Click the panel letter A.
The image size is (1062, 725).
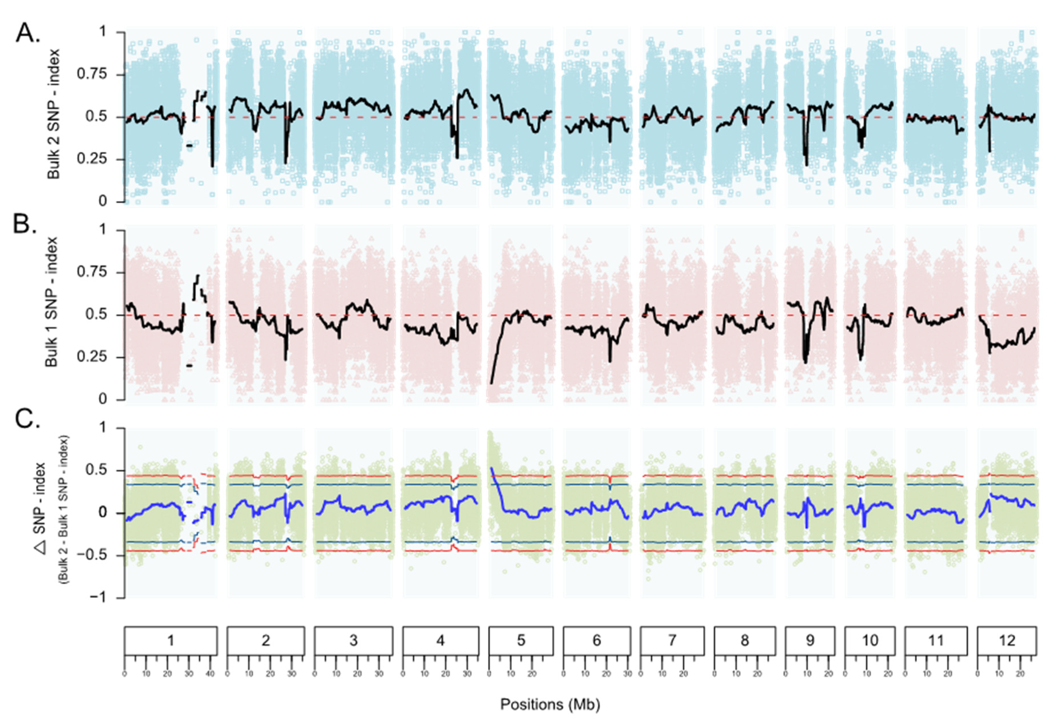click(27, 33)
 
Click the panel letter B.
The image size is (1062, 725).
click(25, 224)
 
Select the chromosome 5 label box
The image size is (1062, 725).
click(521, 640)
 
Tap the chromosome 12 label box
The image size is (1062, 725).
click(1007, 640)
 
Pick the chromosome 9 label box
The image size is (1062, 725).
click(810, 640)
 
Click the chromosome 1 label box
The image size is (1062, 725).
click(170, 640)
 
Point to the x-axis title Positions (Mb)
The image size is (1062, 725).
click(550, 704)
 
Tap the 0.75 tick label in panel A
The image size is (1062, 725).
click(92, 74)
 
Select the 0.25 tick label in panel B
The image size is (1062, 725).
click(92, 357)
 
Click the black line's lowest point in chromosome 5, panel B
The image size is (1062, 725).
click(492, 383)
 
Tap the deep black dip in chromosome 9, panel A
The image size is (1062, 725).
click(807, 164)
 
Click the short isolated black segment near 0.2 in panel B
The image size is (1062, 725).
click(189, 366)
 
